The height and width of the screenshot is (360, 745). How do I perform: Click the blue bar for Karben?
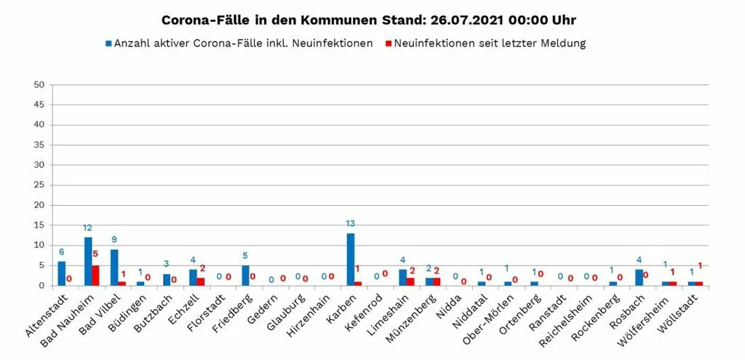tap(351, 260)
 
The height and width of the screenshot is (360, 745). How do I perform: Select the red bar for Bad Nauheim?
tap(95, 276)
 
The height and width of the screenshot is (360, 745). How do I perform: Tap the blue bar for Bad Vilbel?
tap(114, 268)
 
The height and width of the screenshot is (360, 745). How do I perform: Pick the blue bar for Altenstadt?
tap(62, 273)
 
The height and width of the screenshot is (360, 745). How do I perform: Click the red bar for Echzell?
tap(201, 281)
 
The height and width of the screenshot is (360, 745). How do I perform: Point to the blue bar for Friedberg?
tap(246, 276)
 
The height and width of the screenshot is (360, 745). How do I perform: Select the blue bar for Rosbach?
tap(639, 278)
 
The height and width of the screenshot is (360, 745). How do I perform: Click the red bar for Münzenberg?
tap(437, 281)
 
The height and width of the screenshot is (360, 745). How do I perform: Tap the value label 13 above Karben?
tap(351, 223)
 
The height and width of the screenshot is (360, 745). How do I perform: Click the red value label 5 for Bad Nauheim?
tap(95, 254)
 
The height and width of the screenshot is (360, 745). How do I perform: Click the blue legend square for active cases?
tap(109, 44)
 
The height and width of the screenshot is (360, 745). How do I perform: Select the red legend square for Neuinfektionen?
tap(389, 44)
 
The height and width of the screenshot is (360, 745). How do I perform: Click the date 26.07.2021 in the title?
tap(466, 20)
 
